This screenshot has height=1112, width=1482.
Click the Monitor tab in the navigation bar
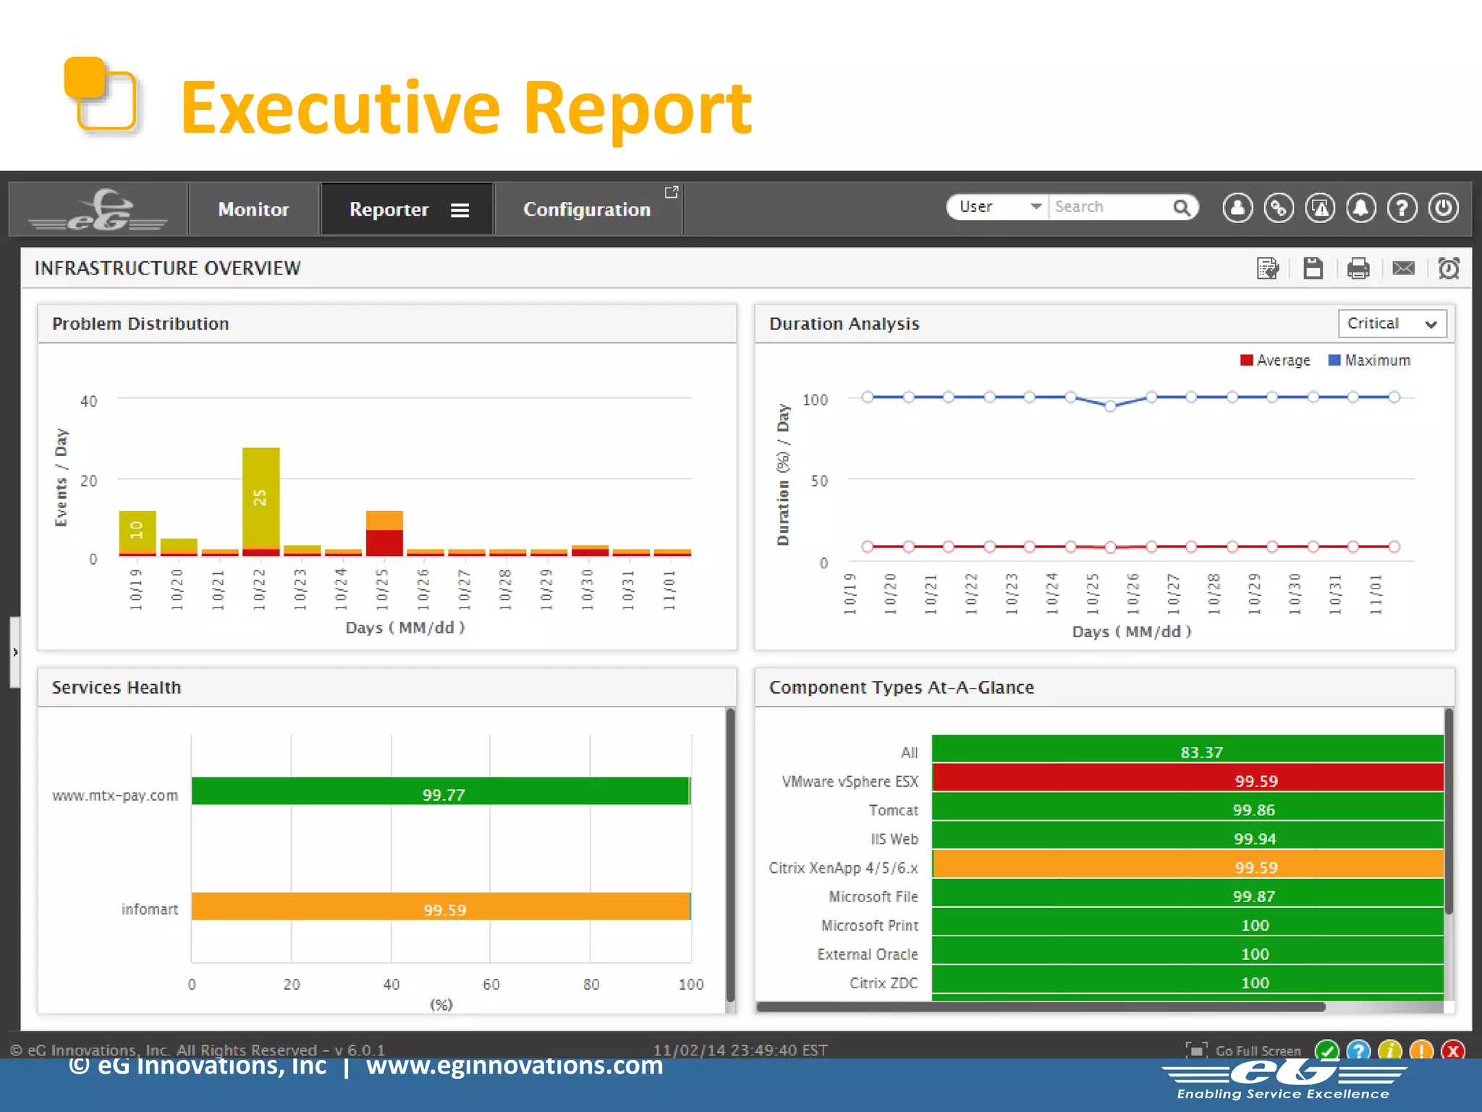(x=253, y=209)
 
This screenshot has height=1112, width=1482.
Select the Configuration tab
(x=586, y=209)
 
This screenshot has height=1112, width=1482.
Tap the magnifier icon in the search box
(x=1181, y=208)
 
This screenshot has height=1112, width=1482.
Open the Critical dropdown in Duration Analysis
(x=1392, y=324)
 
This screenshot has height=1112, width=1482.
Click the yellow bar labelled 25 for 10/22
(x=261, y=496)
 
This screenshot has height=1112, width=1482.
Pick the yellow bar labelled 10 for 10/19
(x=137, y=531)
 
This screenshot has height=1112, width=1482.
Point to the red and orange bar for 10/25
(x=384, y=534)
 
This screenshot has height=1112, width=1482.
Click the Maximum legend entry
(x=1369, y=361)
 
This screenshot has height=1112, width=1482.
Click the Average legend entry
(x=1275, y=361)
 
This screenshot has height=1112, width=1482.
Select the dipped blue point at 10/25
(x=1110, y=406)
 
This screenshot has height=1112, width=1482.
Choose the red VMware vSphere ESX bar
(x=1187, y=778)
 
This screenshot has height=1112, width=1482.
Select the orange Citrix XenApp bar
(x=1187, y=864)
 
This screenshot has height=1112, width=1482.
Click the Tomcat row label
(x=893, y=810)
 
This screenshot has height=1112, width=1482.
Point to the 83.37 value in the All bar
(x=1201, y=752)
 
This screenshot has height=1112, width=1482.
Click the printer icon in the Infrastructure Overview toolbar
(x=1358, y=269)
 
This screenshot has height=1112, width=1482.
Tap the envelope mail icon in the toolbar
(x=1403, y=269)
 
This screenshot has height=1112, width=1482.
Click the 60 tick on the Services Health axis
(x=491, y=984)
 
